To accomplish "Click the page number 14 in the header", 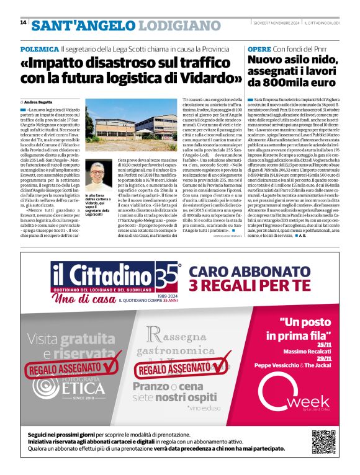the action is (23, 22).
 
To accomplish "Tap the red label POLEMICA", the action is (38, 48).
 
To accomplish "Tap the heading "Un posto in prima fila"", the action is (304, 329).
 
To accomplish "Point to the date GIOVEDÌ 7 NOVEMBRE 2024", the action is (276, 23).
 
